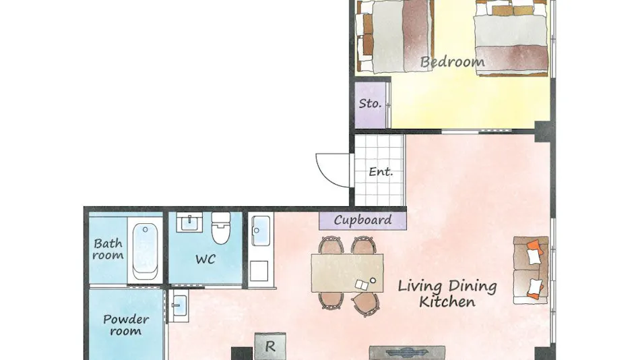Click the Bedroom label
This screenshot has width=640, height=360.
452,62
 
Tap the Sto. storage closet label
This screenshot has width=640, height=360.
370,103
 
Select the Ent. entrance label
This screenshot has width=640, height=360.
381,172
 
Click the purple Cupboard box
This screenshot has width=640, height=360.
362,220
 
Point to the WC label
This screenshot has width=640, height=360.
205,259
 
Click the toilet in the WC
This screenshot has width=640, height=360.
221,228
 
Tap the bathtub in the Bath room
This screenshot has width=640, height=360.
145,250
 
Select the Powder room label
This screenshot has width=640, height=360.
126,325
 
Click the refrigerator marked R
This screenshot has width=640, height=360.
269,347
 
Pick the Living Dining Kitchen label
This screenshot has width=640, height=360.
447,294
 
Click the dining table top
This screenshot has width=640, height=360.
348,273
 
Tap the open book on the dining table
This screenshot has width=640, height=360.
362,284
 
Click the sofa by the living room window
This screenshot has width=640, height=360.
531,270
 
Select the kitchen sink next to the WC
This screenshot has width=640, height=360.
261,231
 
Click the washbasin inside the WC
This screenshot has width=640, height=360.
189,222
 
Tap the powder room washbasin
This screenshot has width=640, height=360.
179,306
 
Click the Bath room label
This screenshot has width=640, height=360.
108,249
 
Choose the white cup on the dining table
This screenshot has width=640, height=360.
373,280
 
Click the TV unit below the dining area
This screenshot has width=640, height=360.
407,353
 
